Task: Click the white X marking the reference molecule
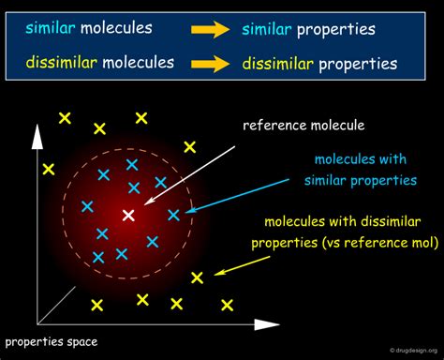click(x=129, y=216)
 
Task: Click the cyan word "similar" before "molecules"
click(x=50, y=29)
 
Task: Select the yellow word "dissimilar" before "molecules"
click(x=63, y=64)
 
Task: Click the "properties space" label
click(x=52, y=341)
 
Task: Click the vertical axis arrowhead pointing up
click(x=37, y=135)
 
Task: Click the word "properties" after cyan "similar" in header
click(x=335, y=30)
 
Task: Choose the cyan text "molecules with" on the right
click(x=359, y=159)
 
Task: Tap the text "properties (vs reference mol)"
click(x=344, y=243)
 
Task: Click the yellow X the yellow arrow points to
click(x=197, y=277)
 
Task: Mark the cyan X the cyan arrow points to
click(x=173, y=215)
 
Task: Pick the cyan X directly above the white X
click(x=134, y=187)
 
